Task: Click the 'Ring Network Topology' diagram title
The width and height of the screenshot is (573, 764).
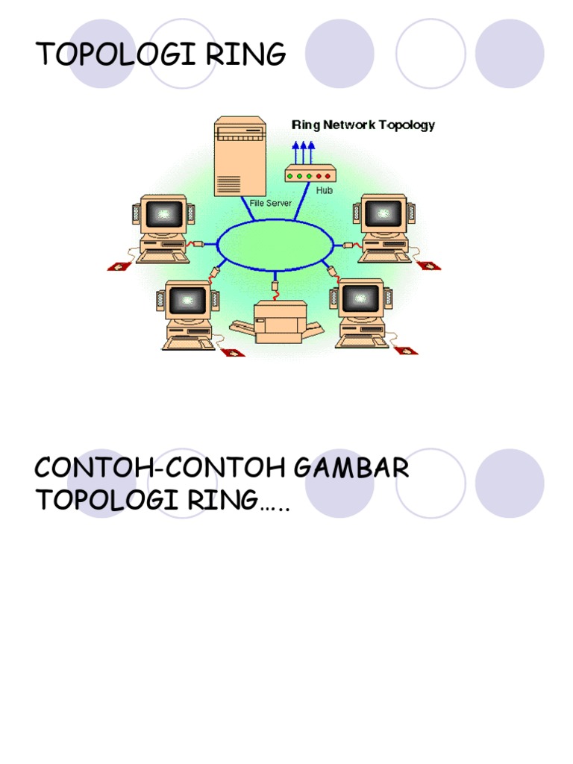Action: click(363, 125)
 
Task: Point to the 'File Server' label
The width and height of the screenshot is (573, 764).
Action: click(270, 203)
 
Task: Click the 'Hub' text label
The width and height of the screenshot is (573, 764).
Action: click(323, 190)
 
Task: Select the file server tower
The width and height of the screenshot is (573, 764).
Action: click(239, 157)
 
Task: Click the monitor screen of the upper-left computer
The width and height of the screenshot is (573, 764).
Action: click(163, 215)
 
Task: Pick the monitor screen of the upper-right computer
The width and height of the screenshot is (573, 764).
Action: click(383, 213)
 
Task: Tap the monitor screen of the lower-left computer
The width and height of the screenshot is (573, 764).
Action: click(187, 301)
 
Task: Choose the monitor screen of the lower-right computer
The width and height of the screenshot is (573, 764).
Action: click(361, 298)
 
